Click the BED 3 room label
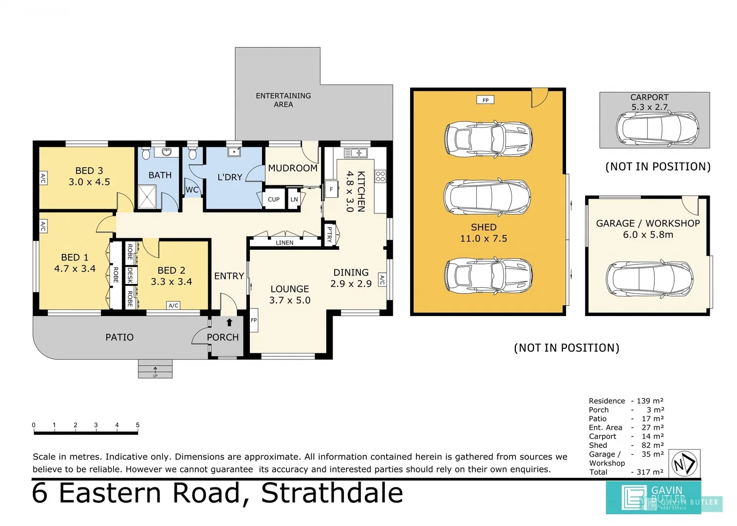[x=89, y=176]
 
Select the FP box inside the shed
[x=485, y=100]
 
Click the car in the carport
[x=657, y=128]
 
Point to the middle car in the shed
[x=487, y=197]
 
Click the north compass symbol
[x=685, y=464]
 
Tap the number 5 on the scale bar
[x=137, y=425]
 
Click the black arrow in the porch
[x=229, y=322]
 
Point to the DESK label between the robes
[x=130, y=275]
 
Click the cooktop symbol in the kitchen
[x=380, y=176]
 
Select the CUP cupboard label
[x=274, y=199]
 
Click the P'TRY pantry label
[x=330, y=234]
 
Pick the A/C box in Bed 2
[x=173, y=305]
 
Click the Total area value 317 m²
[x=650, y=472]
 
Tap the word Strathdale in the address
[x=332, y=493]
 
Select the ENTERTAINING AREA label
[x=283, y=100]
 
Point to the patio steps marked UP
[x=155, y=369]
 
